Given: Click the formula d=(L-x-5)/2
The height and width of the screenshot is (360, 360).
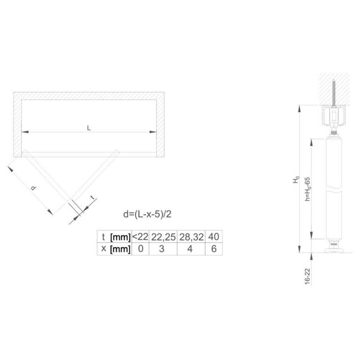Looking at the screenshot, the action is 147,214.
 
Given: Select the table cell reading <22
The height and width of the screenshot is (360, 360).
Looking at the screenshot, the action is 140,237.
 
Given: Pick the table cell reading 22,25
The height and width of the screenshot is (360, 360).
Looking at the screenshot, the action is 163,237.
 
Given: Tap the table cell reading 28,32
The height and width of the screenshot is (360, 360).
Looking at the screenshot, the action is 191,237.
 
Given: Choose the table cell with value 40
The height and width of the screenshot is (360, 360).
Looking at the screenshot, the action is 214,237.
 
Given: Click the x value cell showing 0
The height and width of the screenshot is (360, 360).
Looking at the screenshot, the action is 141,249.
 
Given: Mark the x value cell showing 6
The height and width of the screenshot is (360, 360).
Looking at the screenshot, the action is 214,249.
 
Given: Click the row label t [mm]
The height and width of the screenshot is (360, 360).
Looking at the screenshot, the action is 115,237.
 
